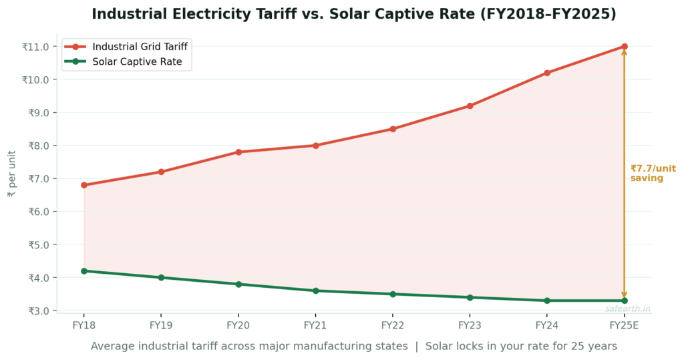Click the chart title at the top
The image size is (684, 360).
coord(353,14)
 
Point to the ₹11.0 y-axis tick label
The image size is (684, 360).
coord(35,47)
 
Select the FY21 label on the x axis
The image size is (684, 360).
coord(315,325)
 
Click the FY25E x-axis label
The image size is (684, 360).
coord(624,325)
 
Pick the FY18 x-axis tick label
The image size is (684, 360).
coord(83,325)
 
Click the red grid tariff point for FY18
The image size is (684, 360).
coord(84,185)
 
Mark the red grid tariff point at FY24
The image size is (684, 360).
coord(547,73)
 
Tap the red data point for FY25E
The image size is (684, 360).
coord(624,47)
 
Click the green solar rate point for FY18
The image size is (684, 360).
coord(84,271)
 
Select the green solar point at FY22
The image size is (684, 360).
coord(393,294)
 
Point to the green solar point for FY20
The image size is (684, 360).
coord(238,285)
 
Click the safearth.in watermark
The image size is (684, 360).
coord(627,309)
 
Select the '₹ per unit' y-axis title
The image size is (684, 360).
coord(11,174)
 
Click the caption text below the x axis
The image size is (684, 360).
coord(353,346)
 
